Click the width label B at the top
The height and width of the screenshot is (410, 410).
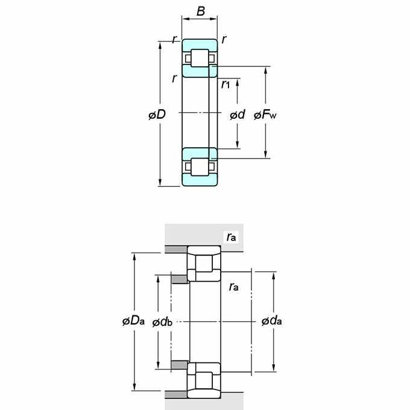201,11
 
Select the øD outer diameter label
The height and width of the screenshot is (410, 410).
157,115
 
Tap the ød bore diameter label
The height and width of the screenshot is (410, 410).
238,115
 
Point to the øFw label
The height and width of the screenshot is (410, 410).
265,115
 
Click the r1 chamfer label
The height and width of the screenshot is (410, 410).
225,84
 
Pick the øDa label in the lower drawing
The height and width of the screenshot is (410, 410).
133,321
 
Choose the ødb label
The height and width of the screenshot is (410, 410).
162,323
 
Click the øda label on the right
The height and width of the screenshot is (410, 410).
272,321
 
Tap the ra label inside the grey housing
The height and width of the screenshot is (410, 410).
231,237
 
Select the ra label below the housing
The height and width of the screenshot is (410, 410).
233,287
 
